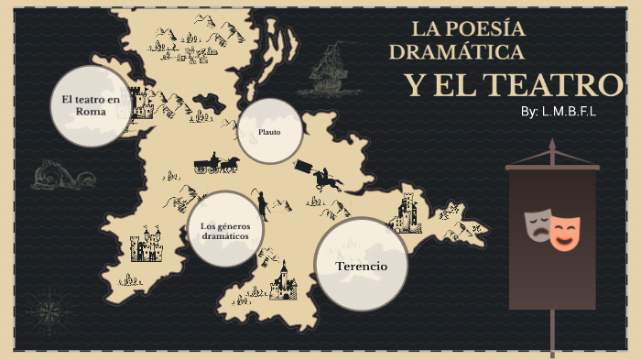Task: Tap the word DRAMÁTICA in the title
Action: (456, 51)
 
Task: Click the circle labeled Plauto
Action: (269, 131)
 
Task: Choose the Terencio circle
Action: (361, 266)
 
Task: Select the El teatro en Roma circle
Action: (91, 104)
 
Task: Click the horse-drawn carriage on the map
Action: (216, 164)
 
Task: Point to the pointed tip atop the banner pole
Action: (552, 144)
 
